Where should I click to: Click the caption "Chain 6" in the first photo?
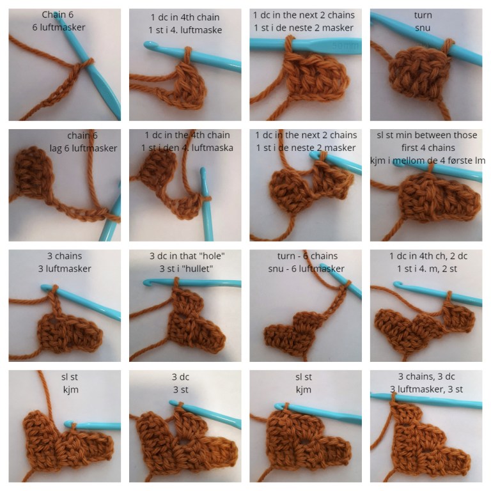[x=58, y=15]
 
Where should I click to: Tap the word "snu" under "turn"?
[x=423, y=28]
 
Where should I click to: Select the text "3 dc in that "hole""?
[x=187, y=256]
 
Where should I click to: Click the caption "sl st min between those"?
[x=427, y=135]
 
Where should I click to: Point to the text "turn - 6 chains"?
[x=307, y=256]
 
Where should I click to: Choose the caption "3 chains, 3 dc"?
[x=426, y=377]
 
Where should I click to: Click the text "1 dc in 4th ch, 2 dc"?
[x=428, y=256]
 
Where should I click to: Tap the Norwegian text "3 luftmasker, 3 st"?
[x=426, y=389]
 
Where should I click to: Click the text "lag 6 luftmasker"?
[x=83, y=148]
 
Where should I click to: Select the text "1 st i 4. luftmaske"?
[x=185, y=30]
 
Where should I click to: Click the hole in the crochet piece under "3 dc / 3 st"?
[x=183, y=442]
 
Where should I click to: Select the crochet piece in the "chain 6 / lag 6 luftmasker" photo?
[x=32, y=171]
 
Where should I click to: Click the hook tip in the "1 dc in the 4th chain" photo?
[x=203, y=171]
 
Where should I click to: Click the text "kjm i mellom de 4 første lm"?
[x=428, y=160]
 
